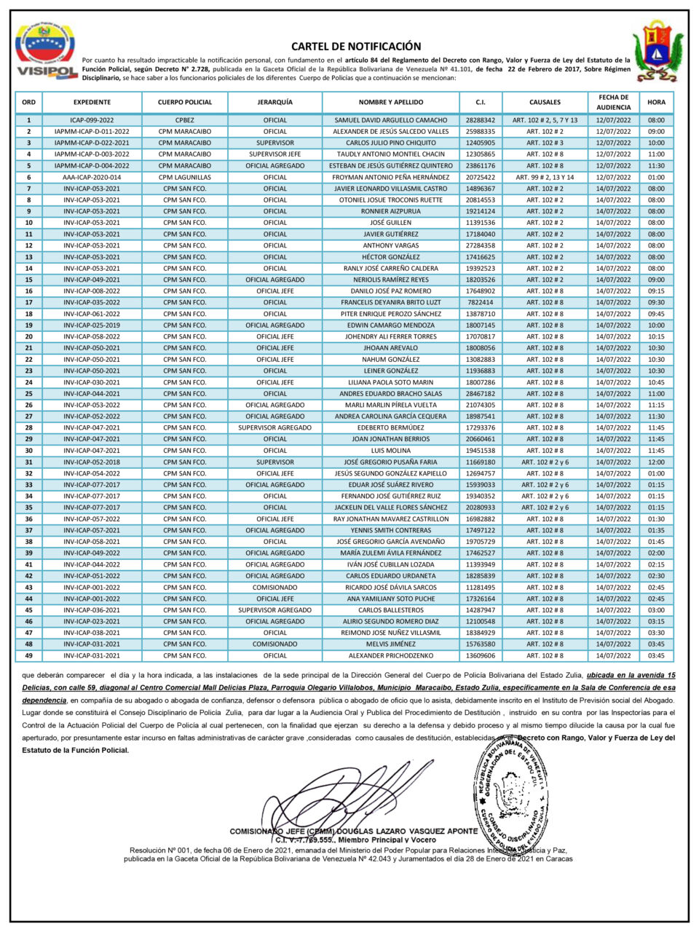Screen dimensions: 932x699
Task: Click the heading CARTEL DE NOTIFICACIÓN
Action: (x=355, y=46)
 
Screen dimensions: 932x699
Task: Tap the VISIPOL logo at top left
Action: (x=47, y=51)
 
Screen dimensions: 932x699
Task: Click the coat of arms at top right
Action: (x=657, y=50)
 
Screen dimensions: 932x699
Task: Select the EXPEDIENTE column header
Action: (x=92, y=103)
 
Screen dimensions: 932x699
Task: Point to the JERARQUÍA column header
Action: (x=275, y=103)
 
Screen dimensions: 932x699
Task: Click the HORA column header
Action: (x=655, y=103)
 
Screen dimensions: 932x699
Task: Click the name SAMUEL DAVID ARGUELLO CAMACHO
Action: (x=390, y=120)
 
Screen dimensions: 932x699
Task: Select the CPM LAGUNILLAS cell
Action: (x=184, y=177)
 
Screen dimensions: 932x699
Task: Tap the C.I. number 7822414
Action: (x=481, y=302)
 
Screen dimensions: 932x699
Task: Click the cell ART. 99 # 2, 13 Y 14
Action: (x=545, y=177)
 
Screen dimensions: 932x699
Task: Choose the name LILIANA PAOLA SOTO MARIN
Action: (x=390, y=382)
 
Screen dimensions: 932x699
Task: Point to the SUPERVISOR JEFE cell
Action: (x=275, y=154)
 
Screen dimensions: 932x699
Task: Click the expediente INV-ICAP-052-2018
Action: (x=92, y=462)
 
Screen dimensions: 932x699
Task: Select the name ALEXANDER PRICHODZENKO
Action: (x=390, y=655)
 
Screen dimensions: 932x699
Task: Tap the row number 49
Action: (x=29, y=655)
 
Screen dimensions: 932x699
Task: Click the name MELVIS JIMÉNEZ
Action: (x=390, y=644)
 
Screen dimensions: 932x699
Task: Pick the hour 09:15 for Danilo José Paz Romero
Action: (x=655, y=291)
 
